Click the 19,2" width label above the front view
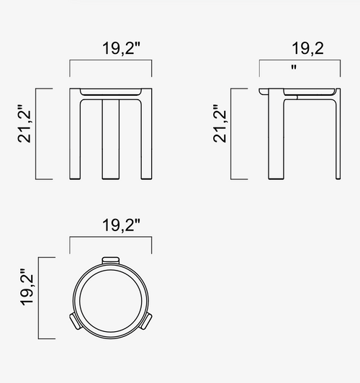click(x=121, y=48)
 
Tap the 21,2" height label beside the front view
click(x=24, y=124)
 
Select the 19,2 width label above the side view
click(x=307, y=48)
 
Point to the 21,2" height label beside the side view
click(x=220, y=124)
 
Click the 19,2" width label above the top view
click(x=121, y=225)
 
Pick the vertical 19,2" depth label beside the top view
click(x=27, y=287)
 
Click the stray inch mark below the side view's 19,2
click(x=294, y=67)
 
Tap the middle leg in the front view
click(x=111, y=139)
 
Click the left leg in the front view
click(x=75, y=134)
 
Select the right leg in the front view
click(x=146, y=134)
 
